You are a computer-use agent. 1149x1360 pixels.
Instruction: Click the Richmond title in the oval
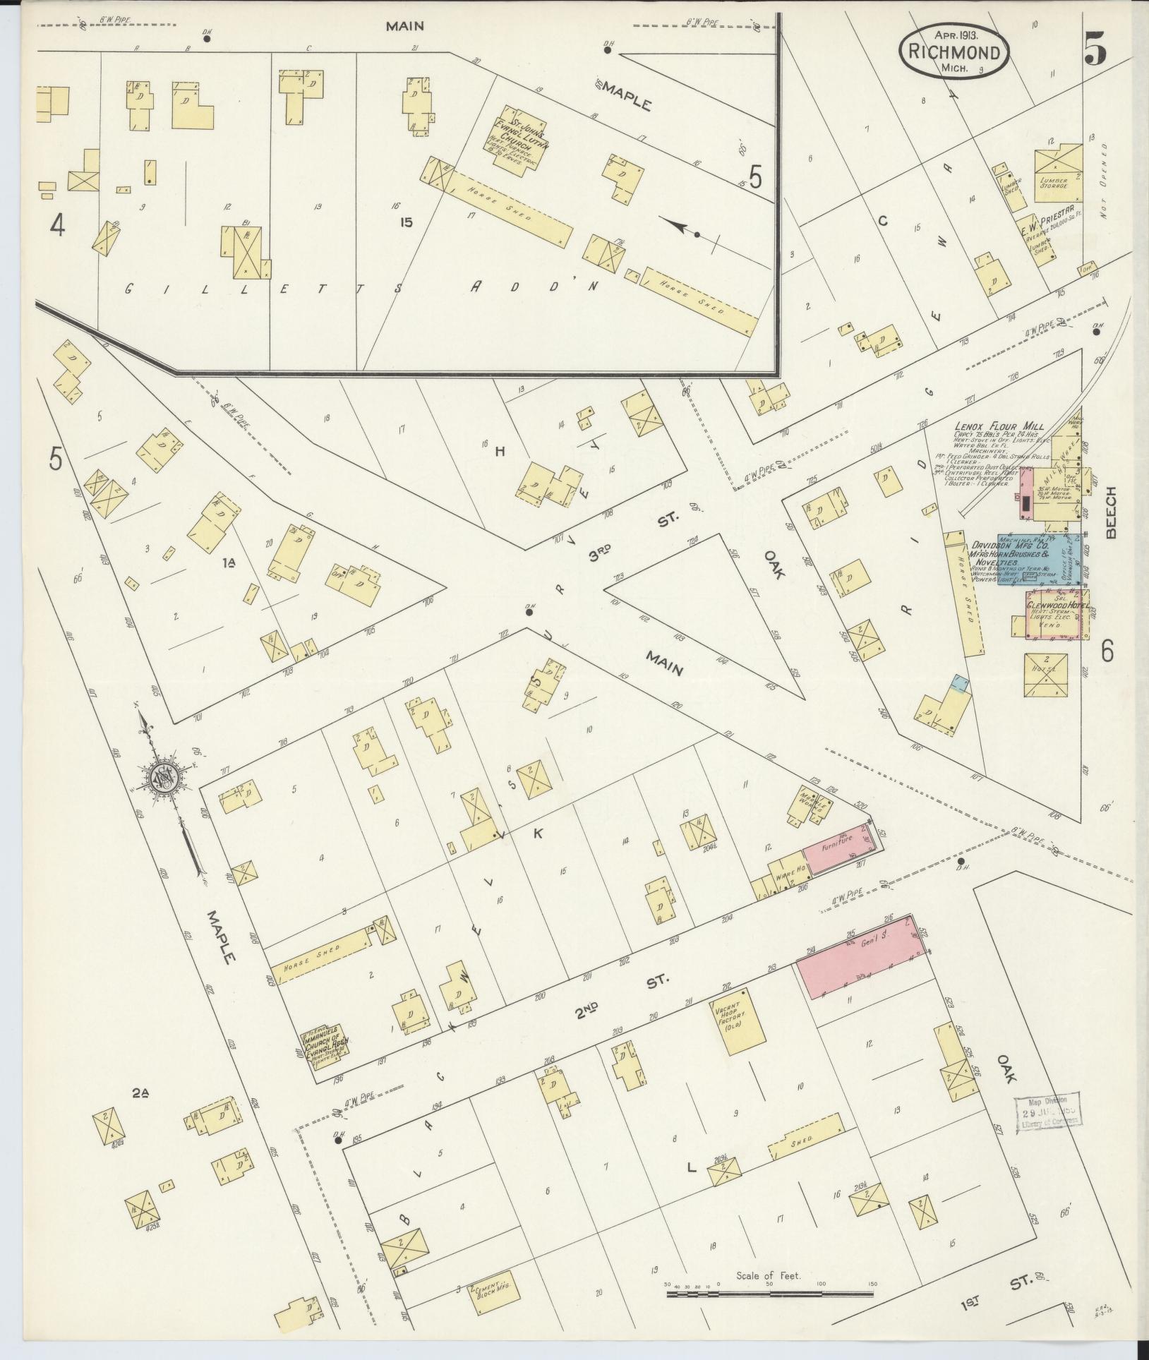(954, 52)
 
